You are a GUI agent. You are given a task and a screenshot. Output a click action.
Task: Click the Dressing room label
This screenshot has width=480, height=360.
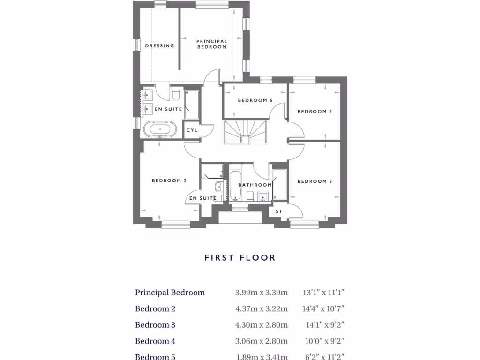159,46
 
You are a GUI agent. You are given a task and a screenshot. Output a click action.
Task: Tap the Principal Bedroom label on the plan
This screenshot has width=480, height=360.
212,44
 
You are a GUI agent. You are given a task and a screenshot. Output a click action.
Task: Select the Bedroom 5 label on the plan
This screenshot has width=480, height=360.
255,100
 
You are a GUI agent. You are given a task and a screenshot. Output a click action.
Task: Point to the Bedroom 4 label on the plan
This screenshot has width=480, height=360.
315,112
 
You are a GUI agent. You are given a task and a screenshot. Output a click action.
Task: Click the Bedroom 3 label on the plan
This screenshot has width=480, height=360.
315,181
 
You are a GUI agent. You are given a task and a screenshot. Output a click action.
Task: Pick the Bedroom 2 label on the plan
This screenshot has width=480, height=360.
169,180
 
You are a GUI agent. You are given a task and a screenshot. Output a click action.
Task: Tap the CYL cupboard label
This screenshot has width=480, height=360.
192,130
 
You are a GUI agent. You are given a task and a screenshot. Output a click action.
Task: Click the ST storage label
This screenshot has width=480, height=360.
279,212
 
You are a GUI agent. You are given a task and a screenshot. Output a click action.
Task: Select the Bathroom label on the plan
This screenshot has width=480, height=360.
255,185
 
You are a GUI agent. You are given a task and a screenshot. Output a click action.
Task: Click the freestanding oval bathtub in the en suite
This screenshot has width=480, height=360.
160,128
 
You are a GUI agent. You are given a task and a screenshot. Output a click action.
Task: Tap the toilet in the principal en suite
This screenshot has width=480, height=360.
176,95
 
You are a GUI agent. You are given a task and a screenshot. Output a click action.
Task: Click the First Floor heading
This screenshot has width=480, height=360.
240,257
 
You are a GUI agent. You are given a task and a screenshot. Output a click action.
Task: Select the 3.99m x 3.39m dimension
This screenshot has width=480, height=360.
261,292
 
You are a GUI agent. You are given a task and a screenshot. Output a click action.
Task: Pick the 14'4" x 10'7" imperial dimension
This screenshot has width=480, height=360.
323,309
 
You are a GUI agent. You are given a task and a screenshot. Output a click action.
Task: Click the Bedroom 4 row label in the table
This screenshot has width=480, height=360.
155,341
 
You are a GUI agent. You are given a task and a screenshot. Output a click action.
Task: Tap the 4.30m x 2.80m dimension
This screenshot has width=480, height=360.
261,325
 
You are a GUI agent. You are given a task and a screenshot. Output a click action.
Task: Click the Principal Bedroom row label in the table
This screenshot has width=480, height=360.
170,292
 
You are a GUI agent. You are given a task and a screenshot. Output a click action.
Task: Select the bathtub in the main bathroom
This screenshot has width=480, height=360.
235,187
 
